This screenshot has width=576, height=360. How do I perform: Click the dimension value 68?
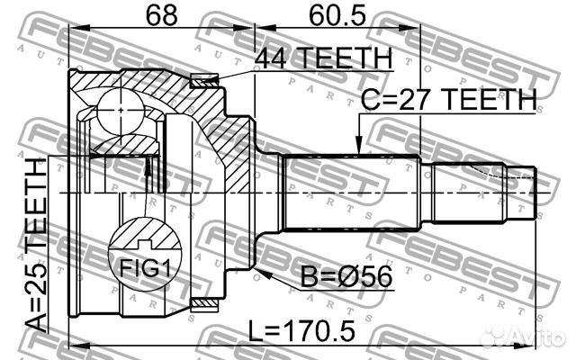coord(151,15)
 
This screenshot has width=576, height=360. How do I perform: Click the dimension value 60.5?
coord(329,15)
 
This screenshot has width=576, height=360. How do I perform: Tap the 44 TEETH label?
coord(324,59)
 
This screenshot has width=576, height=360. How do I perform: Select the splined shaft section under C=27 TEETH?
coord(351,193)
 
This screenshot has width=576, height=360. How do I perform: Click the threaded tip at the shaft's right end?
coord(526,193)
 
